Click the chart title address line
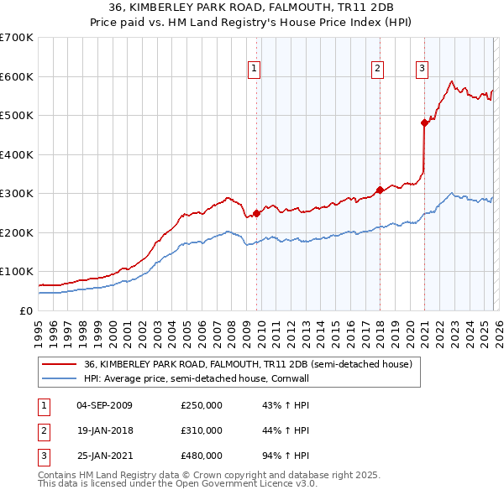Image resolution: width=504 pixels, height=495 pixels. click(x=251, y=9)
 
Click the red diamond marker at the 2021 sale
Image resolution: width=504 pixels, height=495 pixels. click(x=424, y=123)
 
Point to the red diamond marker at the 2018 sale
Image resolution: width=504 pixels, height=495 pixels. click(x=380, y=190)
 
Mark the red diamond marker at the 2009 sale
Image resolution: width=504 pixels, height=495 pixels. click(x=256, y=213)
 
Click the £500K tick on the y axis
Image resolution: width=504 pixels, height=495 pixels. click(x=17, y=116)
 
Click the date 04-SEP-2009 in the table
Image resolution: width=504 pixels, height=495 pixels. click(x=104, y=406)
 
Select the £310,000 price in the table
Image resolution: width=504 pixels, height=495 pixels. click(x=202, y=430)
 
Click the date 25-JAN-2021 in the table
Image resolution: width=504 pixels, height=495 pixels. click(x=104, y=455)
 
